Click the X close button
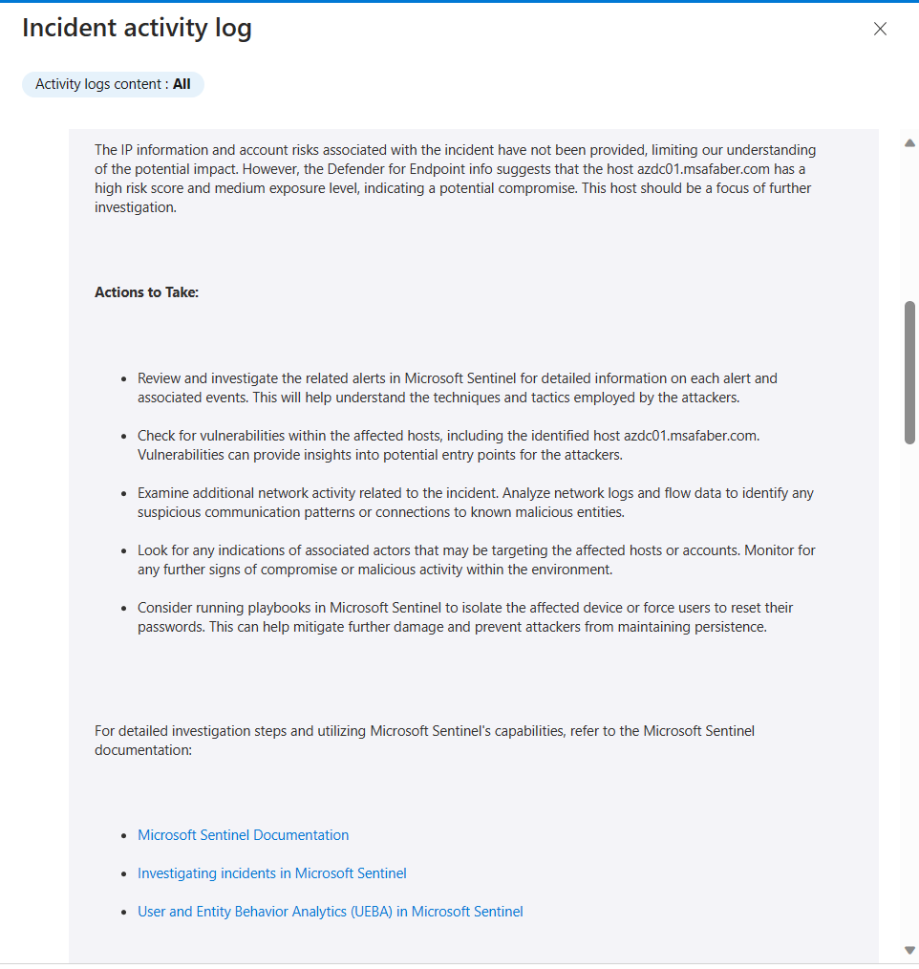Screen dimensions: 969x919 click(880, 29)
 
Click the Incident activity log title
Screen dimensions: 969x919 click(137, 29)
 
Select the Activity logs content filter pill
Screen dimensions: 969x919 click(113, 84)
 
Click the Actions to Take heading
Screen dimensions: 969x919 click(146, 292)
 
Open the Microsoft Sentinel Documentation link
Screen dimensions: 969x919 click(243, 835)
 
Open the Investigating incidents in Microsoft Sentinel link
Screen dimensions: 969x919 click(271, 873)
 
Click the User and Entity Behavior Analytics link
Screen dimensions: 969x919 click(330, 912)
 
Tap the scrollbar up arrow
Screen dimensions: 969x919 click(909, 143)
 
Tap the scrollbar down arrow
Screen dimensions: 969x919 click(909, 950)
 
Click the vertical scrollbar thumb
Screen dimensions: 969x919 click(909, 373)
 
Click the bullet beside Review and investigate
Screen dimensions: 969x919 click(124, 379)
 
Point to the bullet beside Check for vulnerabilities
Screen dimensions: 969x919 click(124, 437)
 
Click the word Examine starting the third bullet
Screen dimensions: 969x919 click(164, 493)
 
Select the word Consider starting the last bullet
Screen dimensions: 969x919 click(166, 608)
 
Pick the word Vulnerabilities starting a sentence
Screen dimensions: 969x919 click(182, 455)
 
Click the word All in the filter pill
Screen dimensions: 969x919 click(182, 84)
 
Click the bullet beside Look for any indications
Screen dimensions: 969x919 click(124, 551)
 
